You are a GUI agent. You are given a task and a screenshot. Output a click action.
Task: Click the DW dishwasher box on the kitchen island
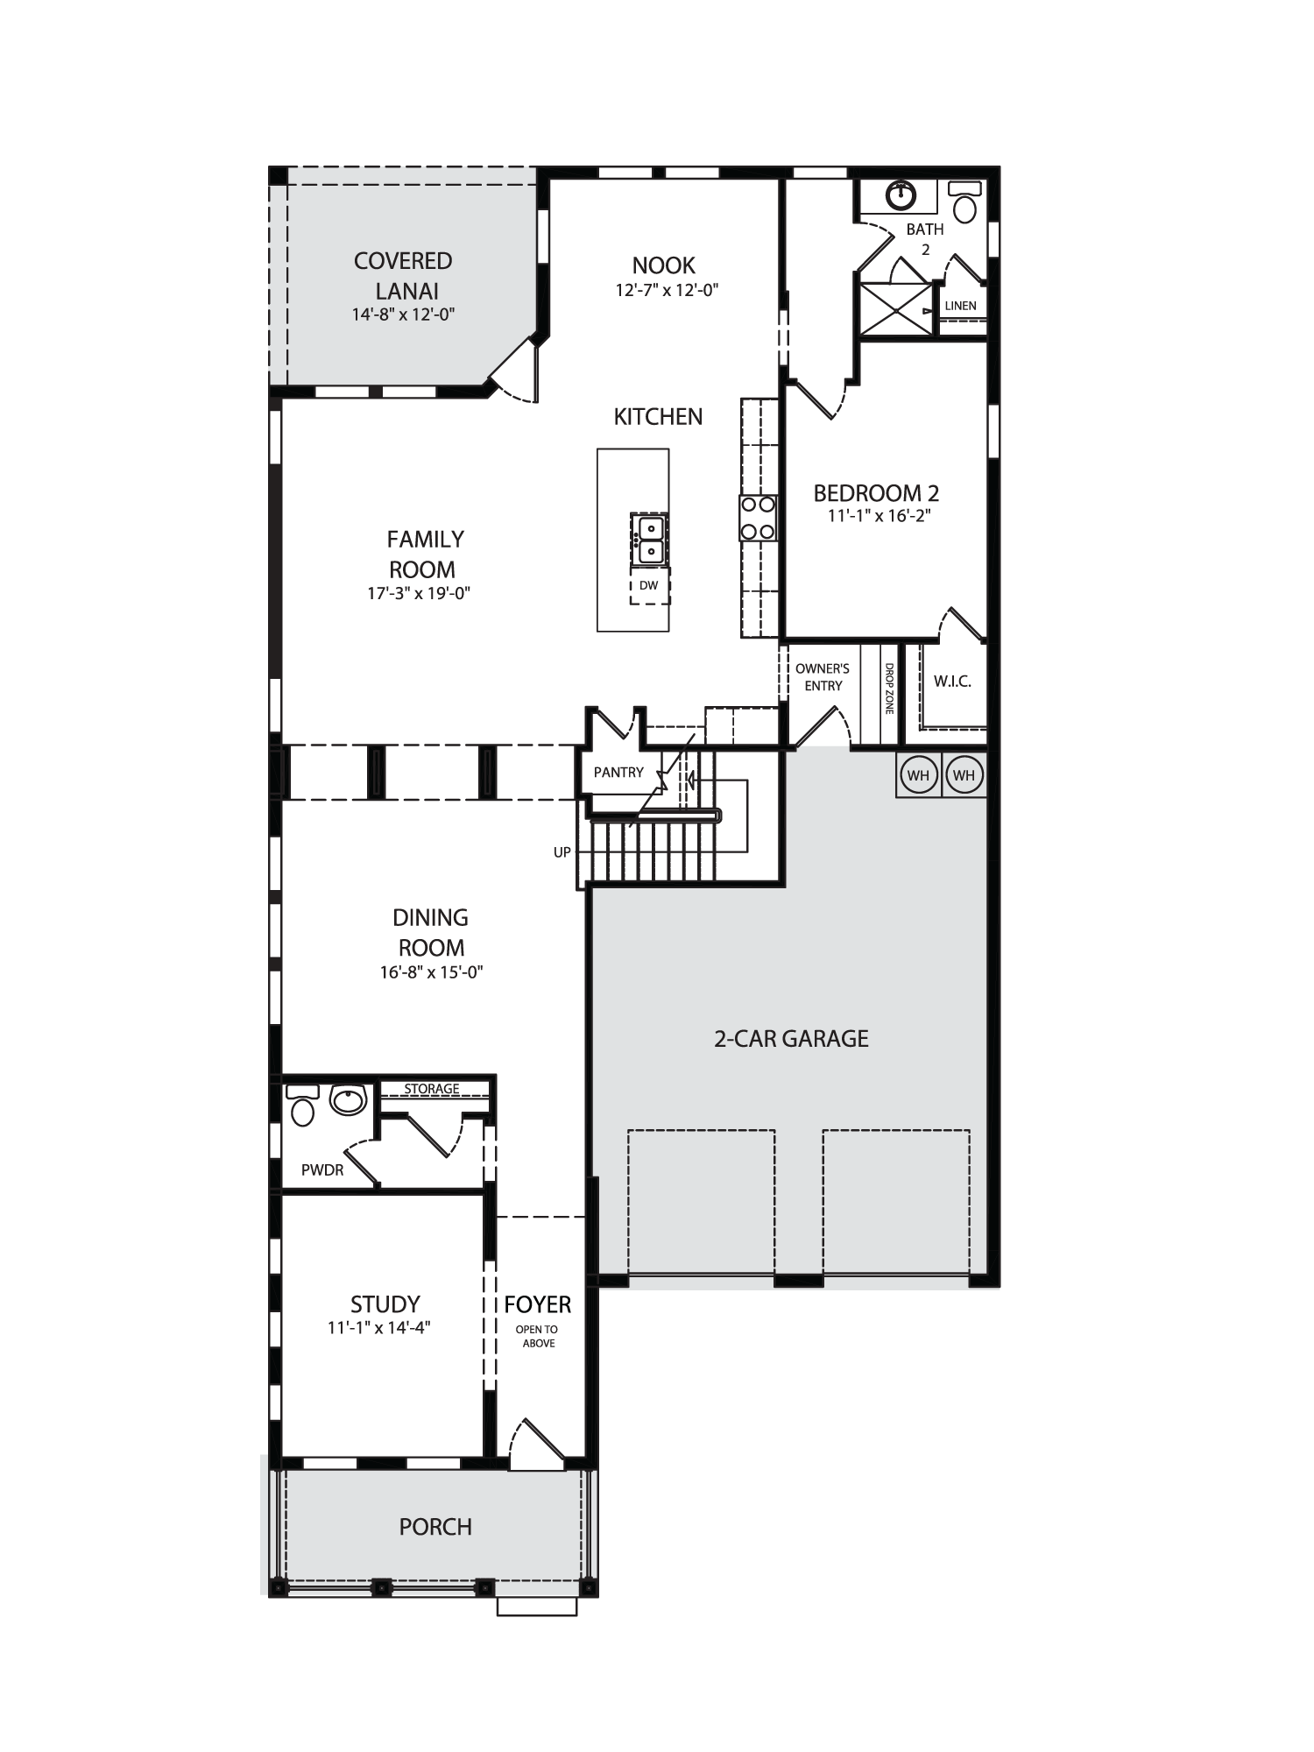(649, 585)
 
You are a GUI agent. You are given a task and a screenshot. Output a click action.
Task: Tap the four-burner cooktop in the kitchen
(759, 518)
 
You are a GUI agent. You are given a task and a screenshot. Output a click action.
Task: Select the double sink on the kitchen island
(650, 540)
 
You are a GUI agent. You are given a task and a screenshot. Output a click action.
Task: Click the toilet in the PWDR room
(302, 1105)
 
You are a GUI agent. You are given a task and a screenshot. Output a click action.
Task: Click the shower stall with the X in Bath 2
(896, 308)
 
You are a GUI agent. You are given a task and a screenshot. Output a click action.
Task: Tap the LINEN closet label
(961, 306)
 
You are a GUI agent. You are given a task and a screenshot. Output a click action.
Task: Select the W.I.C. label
(952, 682)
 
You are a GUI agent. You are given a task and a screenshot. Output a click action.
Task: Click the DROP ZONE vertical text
(889, 689)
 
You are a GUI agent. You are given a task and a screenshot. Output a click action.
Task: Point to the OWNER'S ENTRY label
(823, 677)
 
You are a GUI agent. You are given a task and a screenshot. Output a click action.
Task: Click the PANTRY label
(618, 773)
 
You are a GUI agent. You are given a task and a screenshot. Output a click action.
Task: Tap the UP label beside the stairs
(562, 852)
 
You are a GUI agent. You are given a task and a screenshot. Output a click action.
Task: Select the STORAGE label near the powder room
(432, 1089)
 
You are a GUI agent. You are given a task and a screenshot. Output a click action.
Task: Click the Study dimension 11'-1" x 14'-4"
(379, 1327)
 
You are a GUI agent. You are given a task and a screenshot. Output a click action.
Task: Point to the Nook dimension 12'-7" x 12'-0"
(667, 291)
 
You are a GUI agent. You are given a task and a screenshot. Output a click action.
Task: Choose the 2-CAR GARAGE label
(791, 1039)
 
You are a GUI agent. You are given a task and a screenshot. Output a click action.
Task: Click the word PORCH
(435, 1527)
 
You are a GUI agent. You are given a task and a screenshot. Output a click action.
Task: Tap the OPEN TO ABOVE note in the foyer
(538, 1336)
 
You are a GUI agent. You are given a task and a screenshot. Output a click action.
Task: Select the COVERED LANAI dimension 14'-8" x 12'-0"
(404, 314)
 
